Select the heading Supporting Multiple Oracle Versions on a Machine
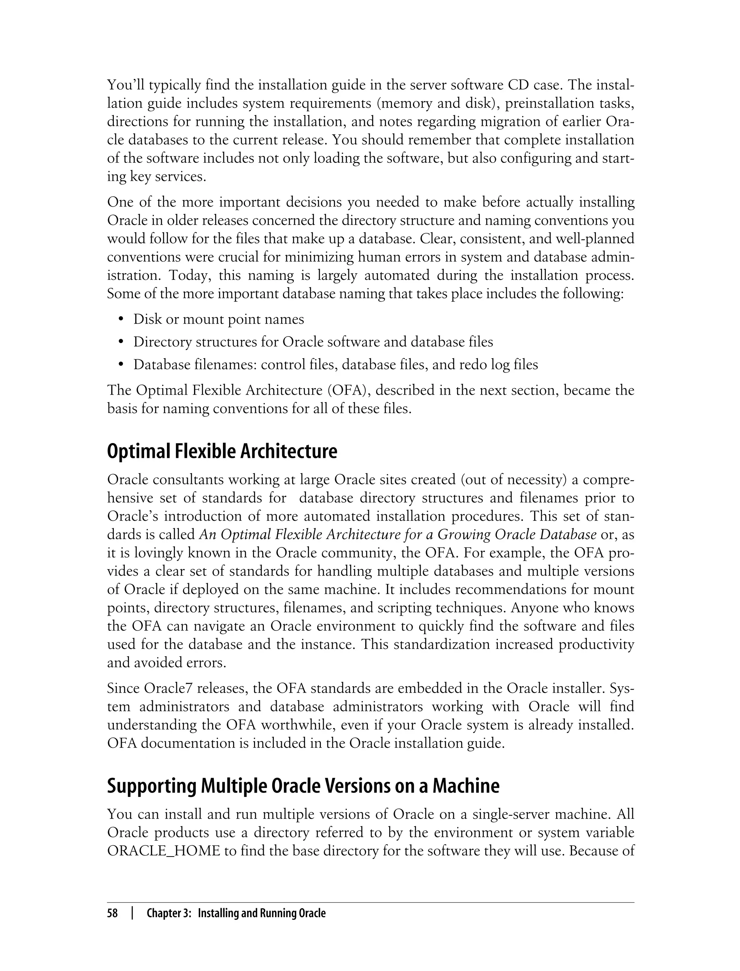coord(303,786)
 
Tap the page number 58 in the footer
coord(112,913)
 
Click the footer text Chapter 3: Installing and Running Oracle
coord(236,913)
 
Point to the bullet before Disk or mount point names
coord(121,319)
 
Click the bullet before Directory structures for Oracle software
coord(121,342)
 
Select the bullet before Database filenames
coord(121,365)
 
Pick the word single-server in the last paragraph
coord(511,814)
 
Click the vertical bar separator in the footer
coord(132,913)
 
